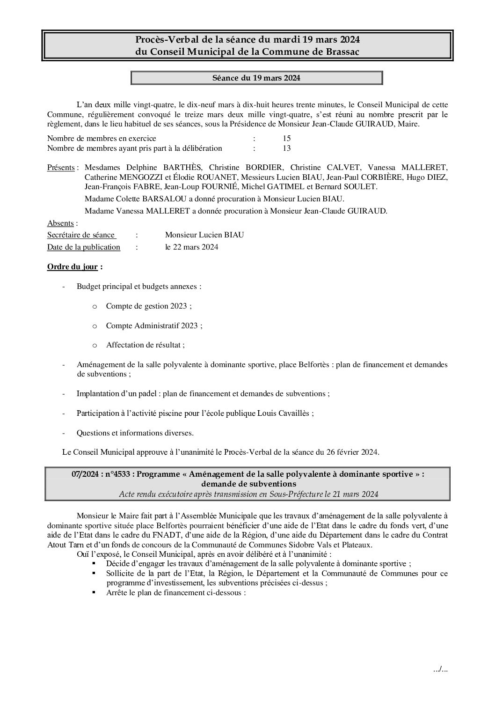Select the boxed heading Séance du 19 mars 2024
point(256,78)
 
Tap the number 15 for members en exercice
point(286,138)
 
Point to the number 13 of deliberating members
point(286,148)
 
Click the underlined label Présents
point(61,168)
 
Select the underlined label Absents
point(60,223)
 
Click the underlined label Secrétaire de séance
point(81,235)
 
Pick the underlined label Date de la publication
point(84,247)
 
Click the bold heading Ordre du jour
point(73,267)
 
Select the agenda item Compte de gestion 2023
point(149,306)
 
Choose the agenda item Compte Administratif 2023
point(154,325)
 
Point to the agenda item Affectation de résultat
point(145,345)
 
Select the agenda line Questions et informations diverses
point(135,433)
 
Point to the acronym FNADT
point(158,535)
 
